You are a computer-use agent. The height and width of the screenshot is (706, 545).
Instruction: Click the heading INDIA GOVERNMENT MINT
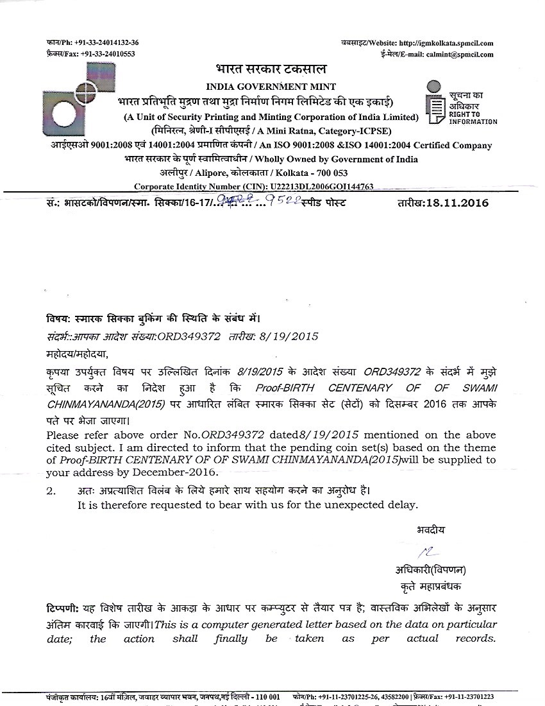click(271, 86)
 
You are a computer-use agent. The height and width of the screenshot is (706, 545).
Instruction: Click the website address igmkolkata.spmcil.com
click(446, 42)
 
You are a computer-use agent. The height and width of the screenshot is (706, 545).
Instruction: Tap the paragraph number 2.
click(50, 491)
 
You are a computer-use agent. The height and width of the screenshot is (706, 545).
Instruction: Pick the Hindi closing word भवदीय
click(430, 529)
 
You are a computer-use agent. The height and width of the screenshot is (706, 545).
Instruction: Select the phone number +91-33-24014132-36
click(106, 42)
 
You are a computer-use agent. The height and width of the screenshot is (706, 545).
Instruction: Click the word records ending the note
click(475, 638)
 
